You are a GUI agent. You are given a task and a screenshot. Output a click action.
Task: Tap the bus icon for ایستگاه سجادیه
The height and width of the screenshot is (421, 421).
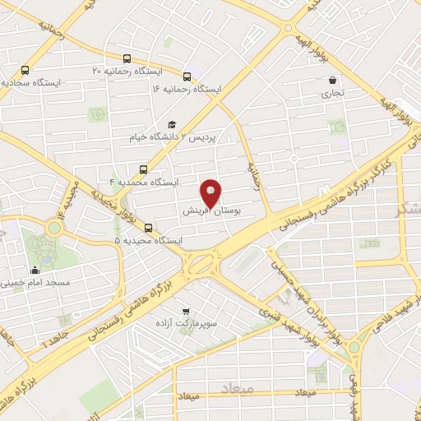click(x=25, y=71)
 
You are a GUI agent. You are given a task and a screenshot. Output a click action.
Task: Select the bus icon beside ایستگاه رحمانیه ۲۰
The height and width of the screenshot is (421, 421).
click(x=127, y=58)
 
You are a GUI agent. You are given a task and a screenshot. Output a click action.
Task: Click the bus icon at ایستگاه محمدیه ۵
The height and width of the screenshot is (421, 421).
click(x=147, y=228)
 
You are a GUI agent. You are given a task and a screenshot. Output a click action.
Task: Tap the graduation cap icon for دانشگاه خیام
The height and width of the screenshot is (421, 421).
click(x=172, y=125)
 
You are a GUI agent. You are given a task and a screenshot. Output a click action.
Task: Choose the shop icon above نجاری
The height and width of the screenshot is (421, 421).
click(x=332, y=81)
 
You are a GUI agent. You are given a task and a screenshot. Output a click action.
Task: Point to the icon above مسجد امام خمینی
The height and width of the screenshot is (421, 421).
click(x=35, y=270)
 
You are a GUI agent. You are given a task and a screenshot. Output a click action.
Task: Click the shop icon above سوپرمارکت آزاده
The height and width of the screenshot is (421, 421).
click(x=187, y=312)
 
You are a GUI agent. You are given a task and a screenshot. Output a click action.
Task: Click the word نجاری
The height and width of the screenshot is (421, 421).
click(x=333, y=94)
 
